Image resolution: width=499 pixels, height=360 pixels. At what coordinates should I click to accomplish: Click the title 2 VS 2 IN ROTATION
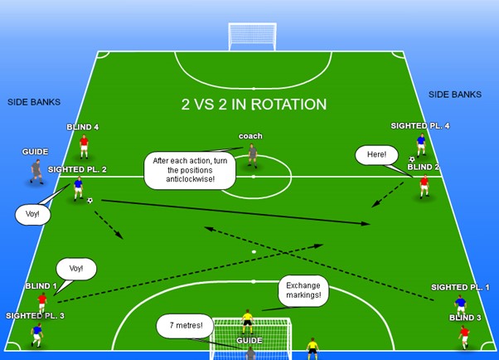(x=254, y=105)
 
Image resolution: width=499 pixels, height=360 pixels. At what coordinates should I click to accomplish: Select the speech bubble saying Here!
(x=372, y=155)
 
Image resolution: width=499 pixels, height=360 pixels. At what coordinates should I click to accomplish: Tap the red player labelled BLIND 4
(x=84, y=146)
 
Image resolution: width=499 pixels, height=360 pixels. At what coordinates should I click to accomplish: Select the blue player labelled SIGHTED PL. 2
(x=79, y=187)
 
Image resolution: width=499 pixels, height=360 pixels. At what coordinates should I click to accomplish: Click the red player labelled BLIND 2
(x=424, y=186)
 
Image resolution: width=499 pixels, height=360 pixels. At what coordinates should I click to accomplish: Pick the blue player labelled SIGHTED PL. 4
(x=421, y=144)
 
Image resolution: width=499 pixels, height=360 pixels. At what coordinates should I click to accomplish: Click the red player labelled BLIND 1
(x=42, y=302)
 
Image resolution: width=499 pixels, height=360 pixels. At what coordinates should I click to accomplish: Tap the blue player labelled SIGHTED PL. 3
(x=36, y=333)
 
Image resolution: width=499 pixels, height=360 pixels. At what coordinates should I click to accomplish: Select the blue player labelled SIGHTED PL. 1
(x=460, y=304)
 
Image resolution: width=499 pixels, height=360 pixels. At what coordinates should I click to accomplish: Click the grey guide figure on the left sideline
(x=36, y=170)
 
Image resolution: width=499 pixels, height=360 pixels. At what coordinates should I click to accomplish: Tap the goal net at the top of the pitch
(x=252, y=36)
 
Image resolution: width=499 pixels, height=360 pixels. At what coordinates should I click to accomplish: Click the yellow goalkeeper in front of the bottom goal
(x=246, y=320)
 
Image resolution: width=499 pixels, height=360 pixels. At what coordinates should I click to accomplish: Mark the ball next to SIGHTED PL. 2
(x=90, y=200)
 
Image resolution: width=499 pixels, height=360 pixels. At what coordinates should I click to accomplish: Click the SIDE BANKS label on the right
(x=454, y=95)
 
